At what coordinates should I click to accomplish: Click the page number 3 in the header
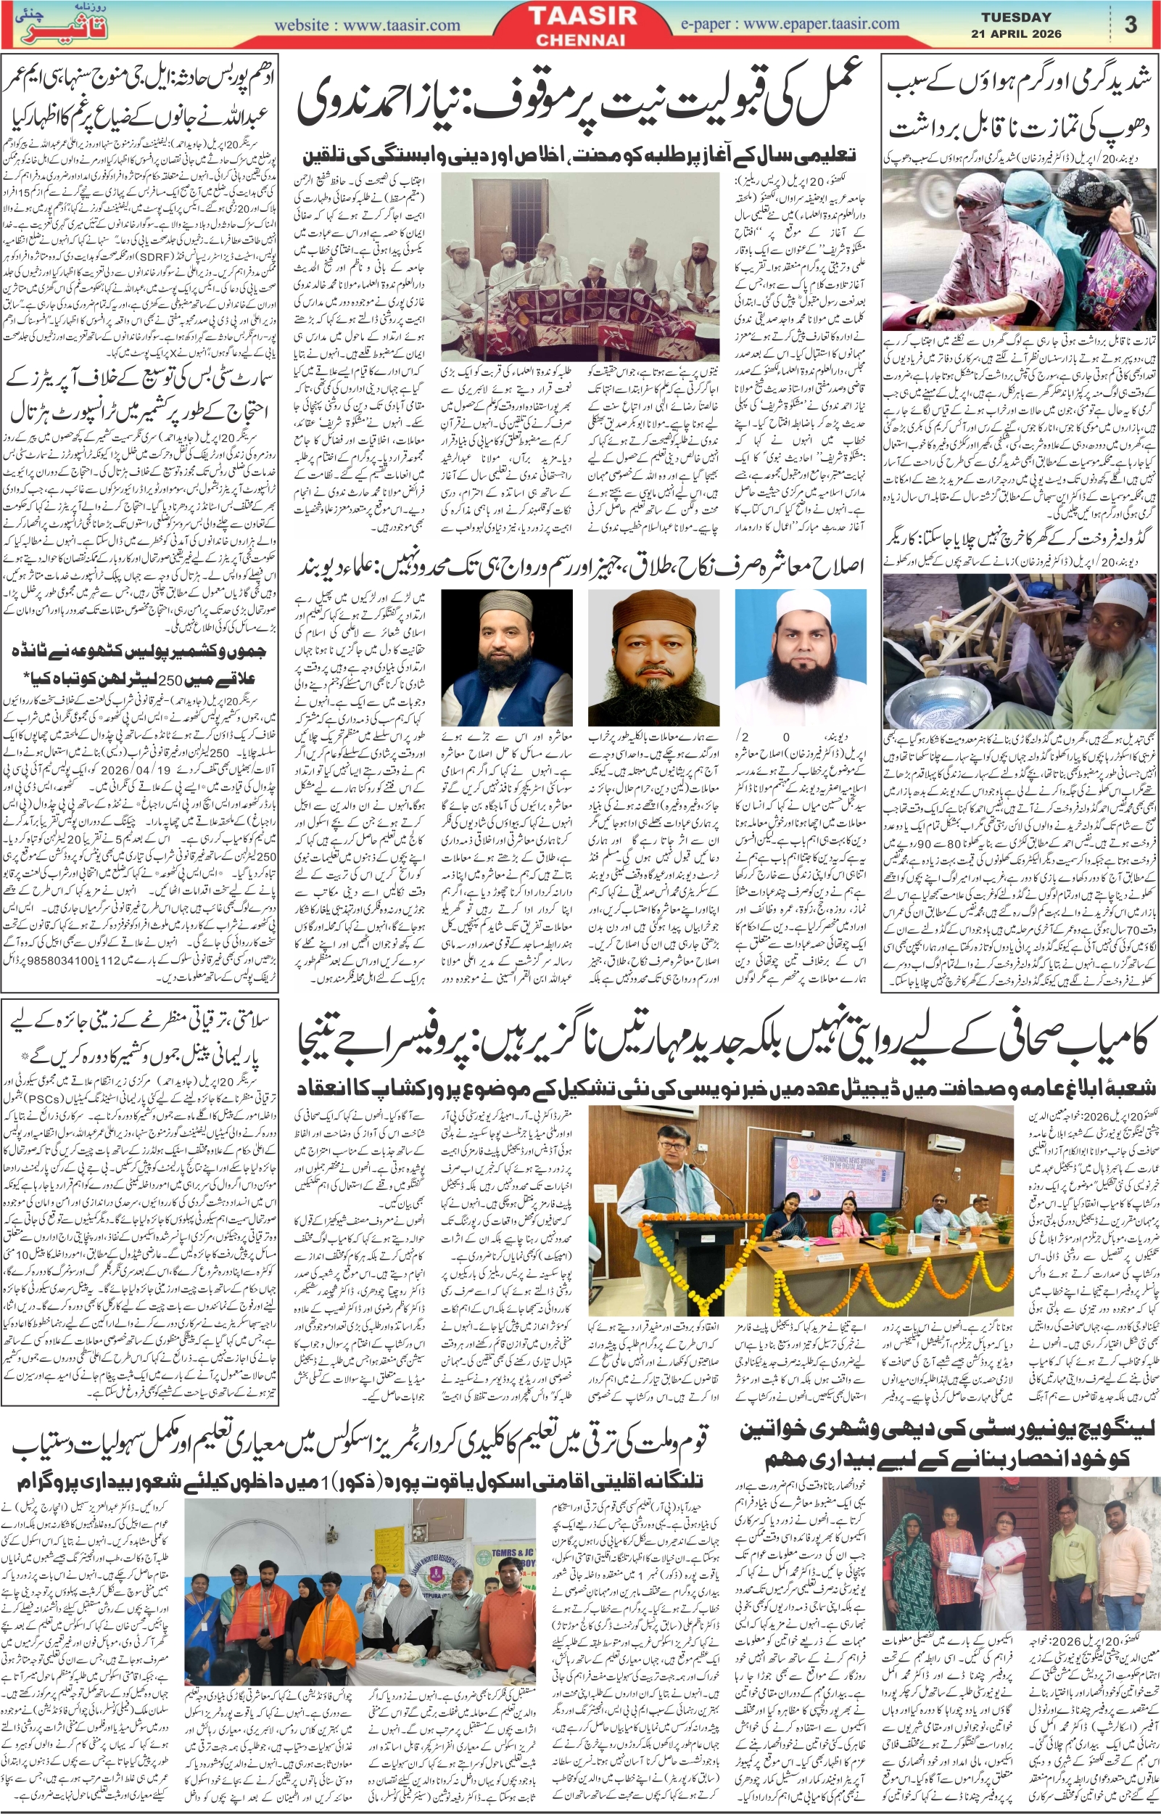[x=1130, y=25]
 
